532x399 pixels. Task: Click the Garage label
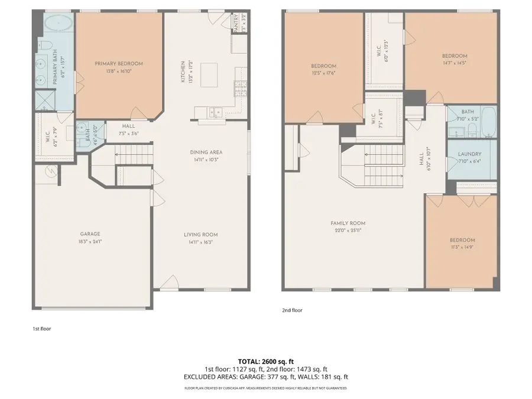pos(90,233)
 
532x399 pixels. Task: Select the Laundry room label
pos(470,154)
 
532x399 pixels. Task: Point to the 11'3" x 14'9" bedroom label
pos(462,240)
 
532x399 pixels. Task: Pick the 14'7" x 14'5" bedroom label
pos(455,56)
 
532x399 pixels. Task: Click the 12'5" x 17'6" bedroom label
pos(323,66)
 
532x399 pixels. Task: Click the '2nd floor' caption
pos(293,309)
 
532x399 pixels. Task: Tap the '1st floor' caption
pos(42,328)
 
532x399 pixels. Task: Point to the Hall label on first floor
pos(128,126)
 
